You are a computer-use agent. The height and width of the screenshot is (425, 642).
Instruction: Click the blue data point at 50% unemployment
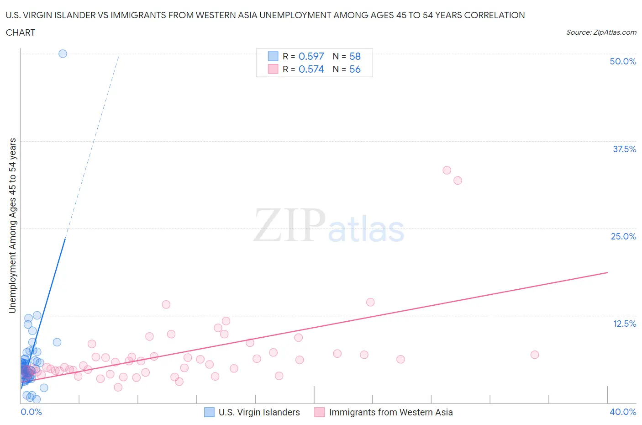(x=63, y=53)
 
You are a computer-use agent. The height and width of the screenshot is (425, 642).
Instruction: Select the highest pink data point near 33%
(x=447, y=170)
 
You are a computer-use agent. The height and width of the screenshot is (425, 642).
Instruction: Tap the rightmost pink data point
(x=535, y=355)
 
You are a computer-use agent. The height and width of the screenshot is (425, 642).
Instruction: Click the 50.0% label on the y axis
(x=623, y=61)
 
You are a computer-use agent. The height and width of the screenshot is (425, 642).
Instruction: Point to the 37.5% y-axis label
(x=624, y=149)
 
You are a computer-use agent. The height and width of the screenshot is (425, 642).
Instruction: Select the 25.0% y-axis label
(x=623, y=236)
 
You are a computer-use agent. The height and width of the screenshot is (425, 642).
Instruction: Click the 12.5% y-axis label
(x=624, y=324)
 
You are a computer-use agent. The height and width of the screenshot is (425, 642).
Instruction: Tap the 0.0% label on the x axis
(x=31, y=412)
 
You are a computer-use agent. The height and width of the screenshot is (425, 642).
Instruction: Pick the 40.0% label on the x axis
(x=623, y=412)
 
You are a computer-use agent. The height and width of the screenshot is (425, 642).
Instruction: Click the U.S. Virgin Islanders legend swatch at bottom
(x=209, y=412)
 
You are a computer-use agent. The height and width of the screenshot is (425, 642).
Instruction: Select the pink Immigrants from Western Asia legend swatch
(x=319, y=412)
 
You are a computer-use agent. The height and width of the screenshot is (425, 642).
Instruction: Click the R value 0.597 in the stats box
(x=311, y=56)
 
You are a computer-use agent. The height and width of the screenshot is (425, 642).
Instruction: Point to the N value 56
(x=355, y=69)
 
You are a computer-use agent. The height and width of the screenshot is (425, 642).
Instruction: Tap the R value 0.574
(x=311, y=69)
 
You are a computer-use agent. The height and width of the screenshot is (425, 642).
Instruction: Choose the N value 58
(x=355, y=56)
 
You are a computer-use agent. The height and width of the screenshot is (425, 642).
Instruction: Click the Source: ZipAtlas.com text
(x=601, y=32)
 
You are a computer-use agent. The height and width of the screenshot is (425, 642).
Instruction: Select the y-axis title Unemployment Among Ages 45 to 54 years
(x=12, y=225)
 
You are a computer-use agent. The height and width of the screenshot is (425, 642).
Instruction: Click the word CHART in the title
(x=21, y=32)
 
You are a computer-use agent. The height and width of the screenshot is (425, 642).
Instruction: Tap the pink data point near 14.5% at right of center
(x=370, y=302)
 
